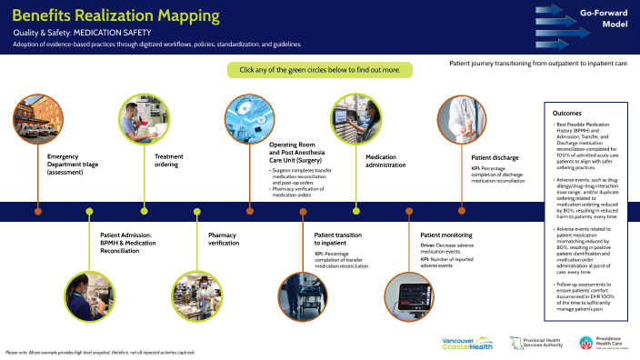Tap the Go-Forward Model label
(x=602, y=21)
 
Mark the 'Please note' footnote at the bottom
(x=100, y=352)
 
